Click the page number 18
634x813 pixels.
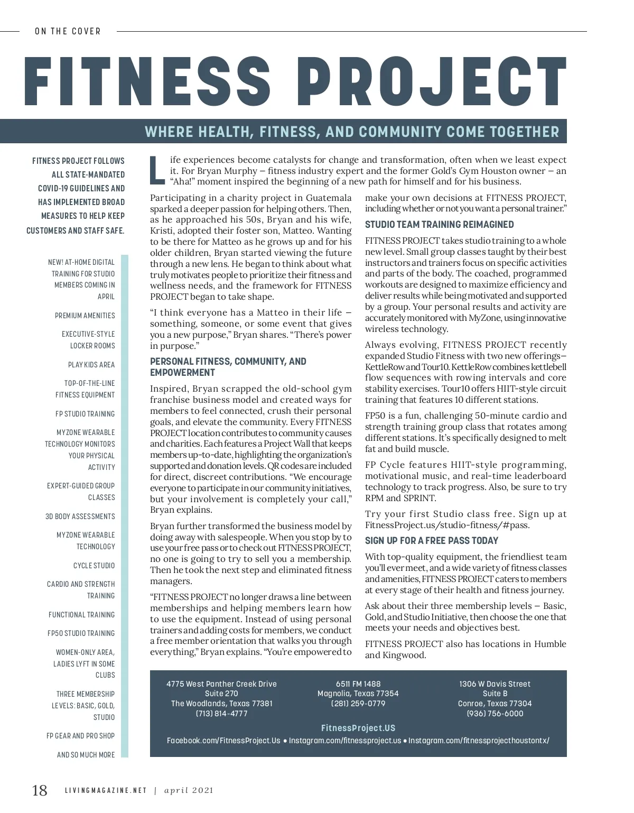(40, 790)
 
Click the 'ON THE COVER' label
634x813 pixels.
(68, 31)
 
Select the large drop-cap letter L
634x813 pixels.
(157, 170)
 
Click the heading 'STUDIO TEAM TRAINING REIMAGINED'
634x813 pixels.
(439, 225)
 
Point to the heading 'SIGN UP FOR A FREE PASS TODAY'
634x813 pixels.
(431, 541)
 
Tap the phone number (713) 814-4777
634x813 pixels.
(221, 713)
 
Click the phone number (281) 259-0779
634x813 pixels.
(358, 704)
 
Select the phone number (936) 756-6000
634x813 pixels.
(495, 713)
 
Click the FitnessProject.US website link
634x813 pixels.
(358, 728)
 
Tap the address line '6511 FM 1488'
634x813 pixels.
(358, 684)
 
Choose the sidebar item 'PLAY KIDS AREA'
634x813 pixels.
(91, 365)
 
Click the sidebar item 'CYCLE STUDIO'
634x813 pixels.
(94, 566)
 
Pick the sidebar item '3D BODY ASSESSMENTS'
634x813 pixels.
(80, 516)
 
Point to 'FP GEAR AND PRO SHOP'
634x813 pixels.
(80, 736)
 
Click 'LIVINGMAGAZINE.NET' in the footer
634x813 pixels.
(106, 791)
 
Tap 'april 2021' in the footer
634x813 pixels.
(189, 791)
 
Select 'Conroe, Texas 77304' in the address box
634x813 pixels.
(495, 704)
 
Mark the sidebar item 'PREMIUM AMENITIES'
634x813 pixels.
(85, 316)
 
